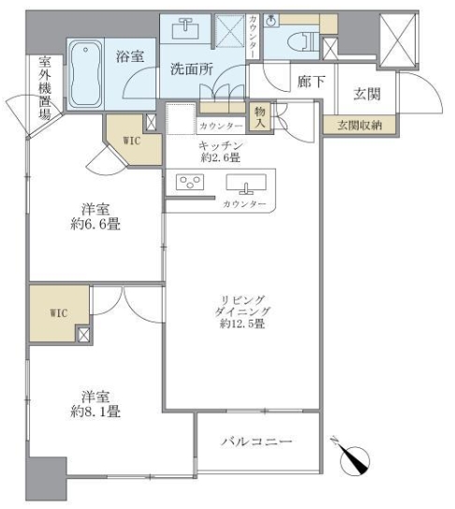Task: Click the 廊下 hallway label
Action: click(311, 82)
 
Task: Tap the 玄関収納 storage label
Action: click(360, 125)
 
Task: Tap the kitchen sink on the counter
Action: click(245, 184)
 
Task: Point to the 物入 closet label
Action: click(260, 116)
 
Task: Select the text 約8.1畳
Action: click(92, 412)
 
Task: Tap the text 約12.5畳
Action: click(238, 324)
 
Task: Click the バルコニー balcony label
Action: click(257, 441)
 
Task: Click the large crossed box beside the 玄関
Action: click(400, 40)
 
